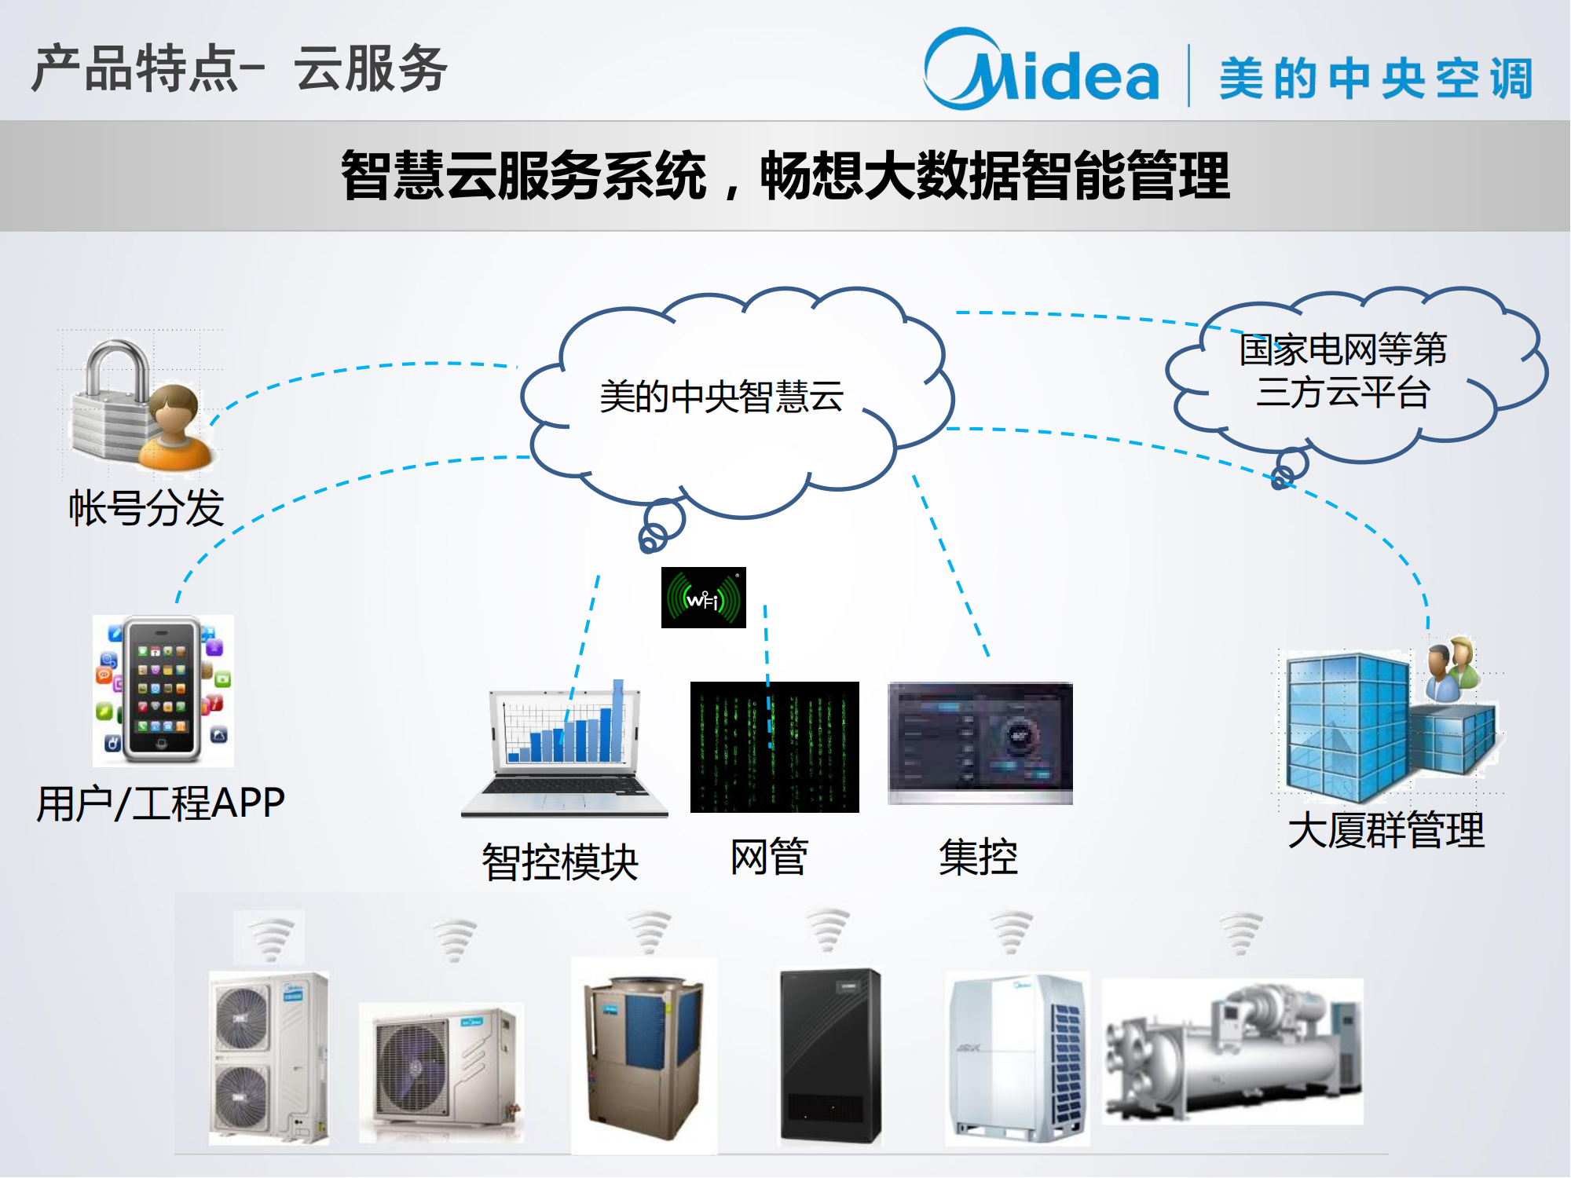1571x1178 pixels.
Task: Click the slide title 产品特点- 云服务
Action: coord(240,69)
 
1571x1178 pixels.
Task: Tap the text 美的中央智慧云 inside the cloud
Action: coord(721,396)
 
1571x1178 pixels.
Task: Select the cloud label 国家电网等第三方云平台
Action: coord(1342,371)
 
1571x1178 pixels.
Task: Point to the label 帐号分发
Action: coord(146,507)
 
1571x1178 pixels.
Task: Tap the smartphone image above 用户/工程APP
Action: coord(163,690)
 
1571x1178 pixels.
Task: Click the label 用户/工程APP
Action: coord(160,803)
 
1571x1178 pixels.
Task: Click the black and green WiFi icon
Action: coord(703,598)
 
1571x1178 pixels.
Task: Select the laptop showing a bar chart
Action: coord(564,750)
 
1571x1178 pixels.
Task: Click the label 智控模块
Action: coord(559,862)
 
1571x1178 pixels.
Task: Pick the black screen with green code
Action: coord(774,746)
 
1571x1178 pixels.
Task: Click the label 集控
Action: coord(978,856)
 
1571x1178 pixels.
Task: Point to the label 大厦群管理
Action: coord(1386,830)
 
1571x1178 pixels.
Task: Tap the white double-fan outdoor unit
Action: coord(268,1057)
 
